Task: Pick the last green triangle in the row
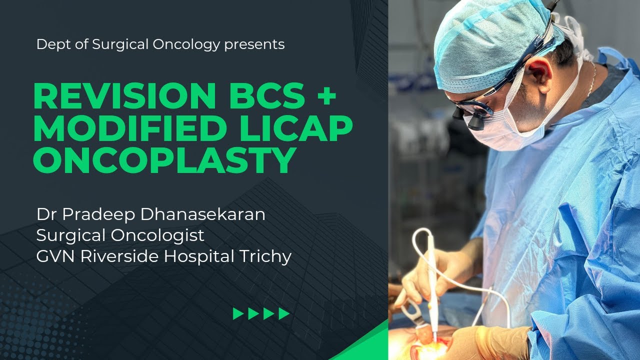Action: (284, 314)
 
